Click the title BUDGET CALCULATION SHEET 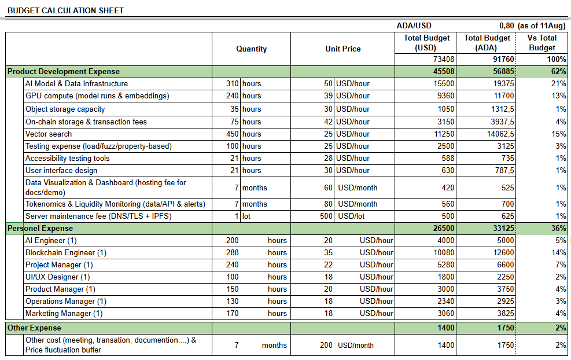point(65,10)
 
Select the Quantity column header point(251,49)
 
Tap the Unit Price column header point(342,49)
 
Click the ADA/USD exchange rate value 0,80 point(506,25)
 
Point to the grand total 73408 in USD point(443,59)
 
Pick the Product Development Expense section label point(64,71)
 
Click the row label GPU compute point(97,96)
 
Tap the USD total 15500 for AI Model point(444,84)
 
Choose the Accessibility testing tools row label point(67,158)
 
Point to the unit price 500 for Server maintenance point(326,216)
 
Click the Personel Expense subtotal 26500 point(444,228)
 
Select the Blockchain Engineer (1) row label point(66,252)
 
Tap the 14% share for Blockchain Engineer point(559,252)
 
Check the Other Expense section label point(34,328)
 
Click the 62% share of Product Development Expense point(559,71)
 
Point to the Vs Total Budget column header point(541,43)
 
